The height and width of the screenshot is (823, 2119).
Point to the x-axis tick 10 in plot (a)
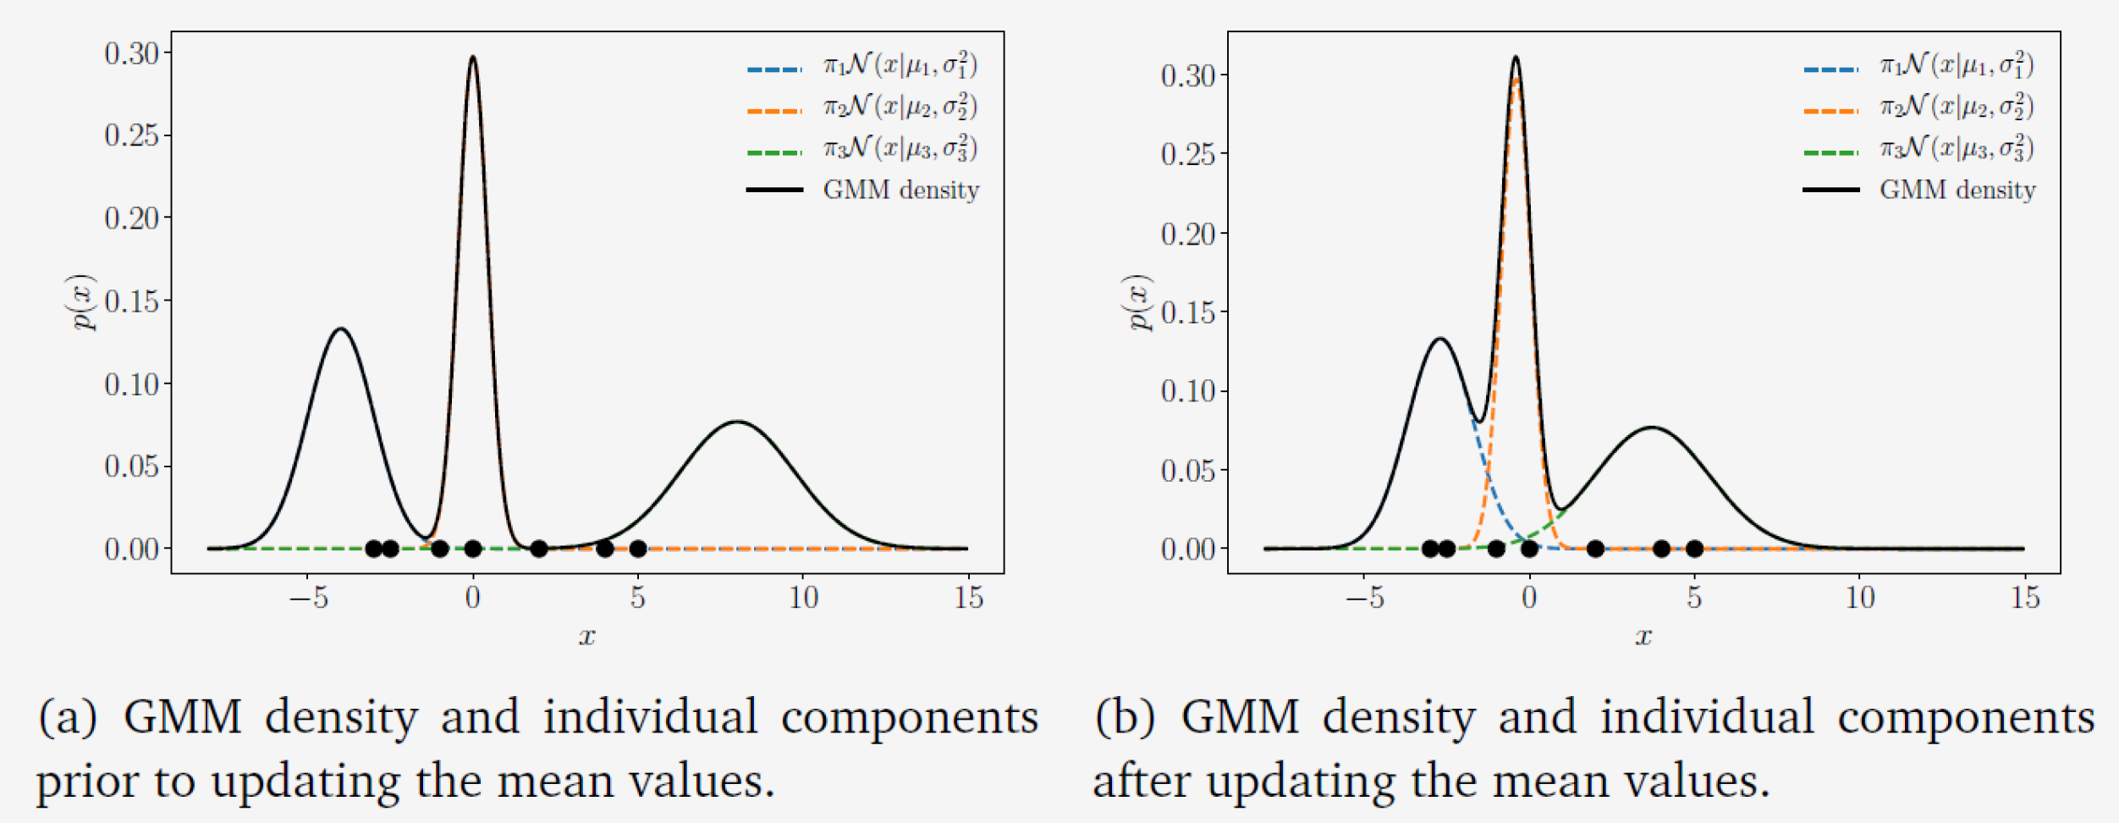(804, 598)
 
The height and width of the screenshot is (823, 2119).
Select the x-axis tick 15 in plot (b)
(2025, 598)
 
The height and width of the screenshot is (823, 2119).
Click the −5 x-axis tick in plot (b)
(1364, 598)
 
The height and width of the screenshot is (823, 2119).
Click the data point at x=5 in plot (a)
(638, 549)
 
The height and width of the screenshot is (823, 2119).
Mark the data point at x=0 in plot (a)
(473, 549)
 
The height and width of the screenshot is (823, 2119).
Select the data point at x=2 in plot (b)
(1595, 549)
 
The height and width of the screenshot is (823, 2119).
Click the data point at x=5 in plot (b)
(1694, 549)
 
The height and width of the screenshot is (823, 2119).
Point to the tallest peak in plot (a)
(472, 58)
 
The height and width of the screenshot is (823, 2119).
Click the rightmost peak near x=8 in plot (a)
(738, 422)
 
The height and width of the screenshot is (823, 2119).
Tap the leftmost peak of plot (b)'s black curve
(1440, 340)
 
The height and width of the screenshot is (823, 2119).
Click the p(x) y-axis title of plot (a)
(84, 301)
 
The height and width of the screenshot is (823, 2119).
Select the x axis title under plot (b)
(1643, 636)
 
